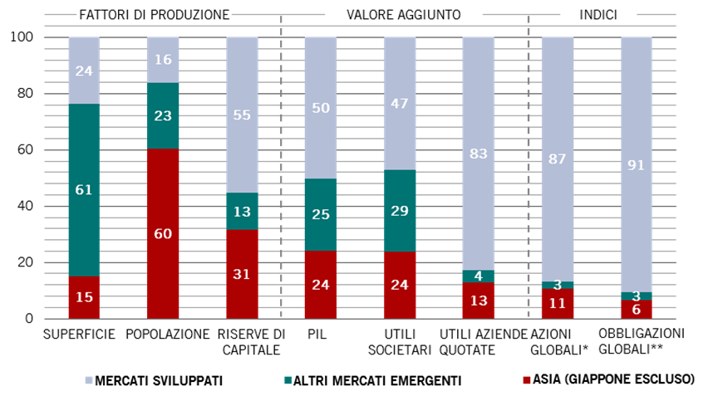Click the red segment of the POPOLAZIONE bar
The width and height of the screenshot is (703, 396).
click(x=163, y=233)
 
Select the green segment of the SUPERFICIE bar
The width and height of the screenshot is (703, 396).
click(x=84, y=190)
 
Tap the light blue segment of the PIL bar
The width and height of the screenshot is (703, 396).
click(x=320, y=108)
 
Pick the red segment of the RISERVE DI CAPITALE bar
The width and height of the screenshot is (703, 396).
click(x=242, y=274)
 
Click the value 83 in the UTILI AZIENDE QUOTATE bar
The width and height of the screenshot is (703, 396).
click(x=478, y=154)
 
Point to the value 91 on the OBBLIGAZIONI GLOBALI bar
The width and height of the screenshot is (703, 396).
click(x=637, y=164)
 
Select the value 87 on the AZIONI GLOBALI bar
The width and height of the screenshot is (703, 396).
click(x=558, y=159)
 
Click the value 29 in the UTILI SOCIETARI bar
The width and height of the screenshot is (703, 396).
click(x=400, y=211)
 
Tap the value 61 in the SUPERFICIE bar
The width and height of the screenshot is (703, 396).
click(x=84, y=190)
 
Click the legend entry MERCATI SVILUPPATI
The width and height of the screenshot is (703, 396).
click(x=170, y=380)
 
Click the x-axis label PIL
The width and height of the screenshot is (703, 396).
click(x=316, y=334)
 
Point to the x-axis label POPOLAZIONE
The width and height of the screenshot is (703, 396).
click(x=168, y=334)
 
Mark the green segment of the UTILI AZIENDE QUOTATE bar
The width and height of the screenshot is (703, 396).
click(x=478, y=276)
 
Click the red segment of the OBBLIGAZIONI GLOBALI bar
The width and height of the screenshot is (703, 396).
click(x=637, y=309)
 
